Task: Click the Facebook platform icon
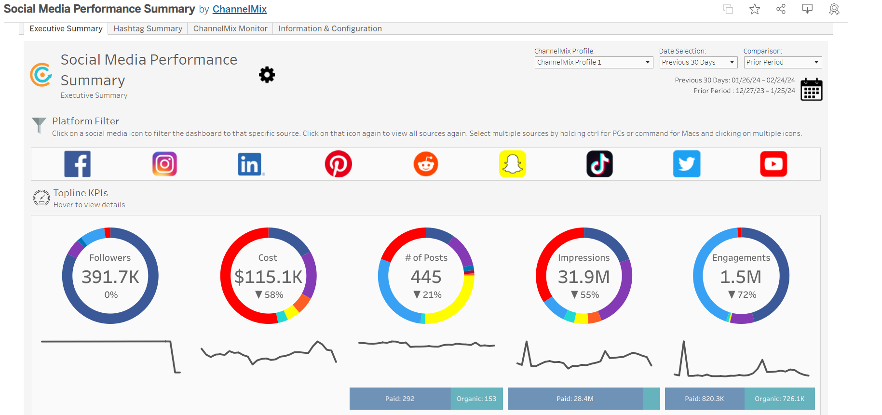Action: click(77, 164)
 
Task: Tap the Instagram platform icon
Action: click(164, 164)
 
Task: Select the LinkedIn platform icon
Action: click(250, 164)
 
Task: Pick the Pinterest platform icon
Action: click(338, 164)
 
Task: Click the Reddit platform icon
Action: click(426, 164)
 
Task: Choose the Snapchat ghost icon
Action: click(513, 164)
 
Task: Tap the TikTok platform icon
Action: click(599, 164)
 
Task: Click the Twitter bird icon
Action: click(687, 164)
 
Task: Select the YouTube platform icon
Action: click(773, 164)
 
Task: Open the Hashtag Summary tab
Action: click(148, 29)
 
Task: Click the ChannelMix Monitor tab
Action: click(230, 29)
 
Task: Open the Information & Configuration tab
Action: click(330, 29)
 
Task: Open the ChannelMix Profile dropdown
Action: click(594, 63)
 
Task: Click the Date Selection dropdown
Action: click(698, 63)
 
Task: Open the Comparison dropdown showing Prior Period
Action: click(782, 63)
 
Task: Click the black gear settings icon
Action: click(267, 75)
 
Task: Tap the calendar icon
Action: click(811, 90)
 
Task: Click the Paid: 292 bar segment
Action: click(400, 399)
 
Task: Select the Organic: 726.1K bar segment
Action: click(779, 399)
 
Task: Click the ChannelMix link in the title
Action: click(239, 9)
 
